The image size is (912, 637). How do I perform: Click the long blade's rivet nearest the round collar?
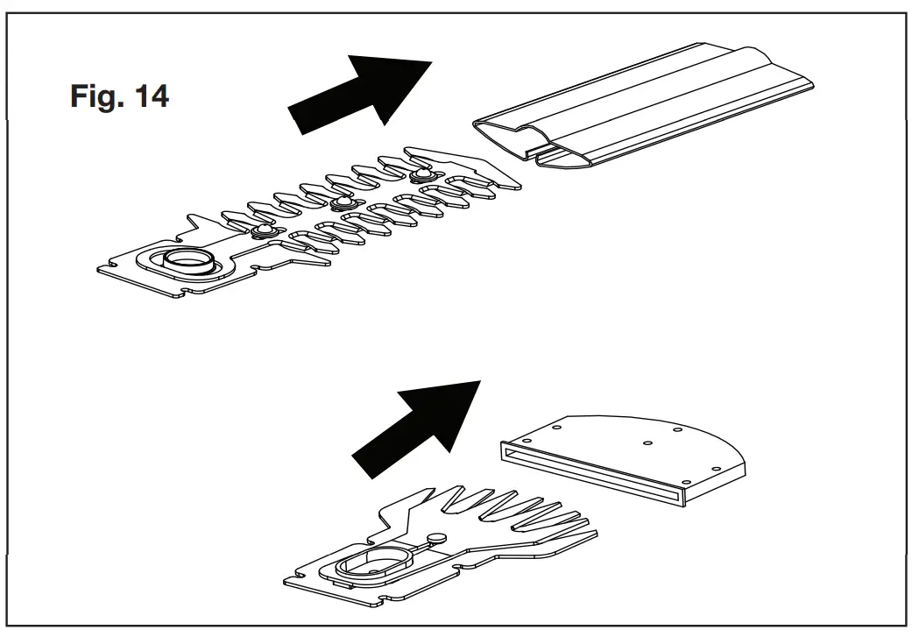point(260,230)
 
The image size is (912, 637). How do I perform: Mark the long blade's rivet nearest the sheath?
point(421,174)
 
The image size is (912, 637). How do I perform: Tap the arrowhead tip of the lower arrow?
point(481,381)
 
